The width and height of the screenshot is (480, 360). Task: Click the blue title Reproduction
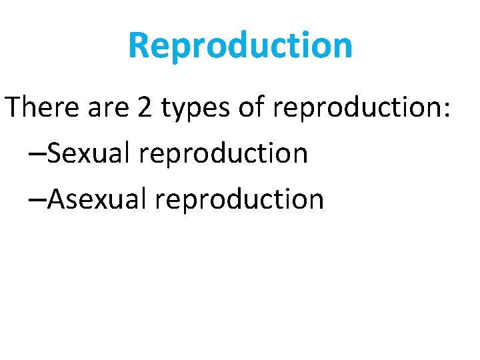(x=240, y=45)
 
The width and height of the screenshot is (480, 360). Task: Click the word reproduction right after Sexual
(x=224, y=155)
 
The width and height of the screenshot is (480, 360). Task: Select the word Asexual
(x=99, y=199)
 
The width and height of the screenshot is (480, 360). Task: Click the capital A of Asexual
(x=57, y=199)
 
